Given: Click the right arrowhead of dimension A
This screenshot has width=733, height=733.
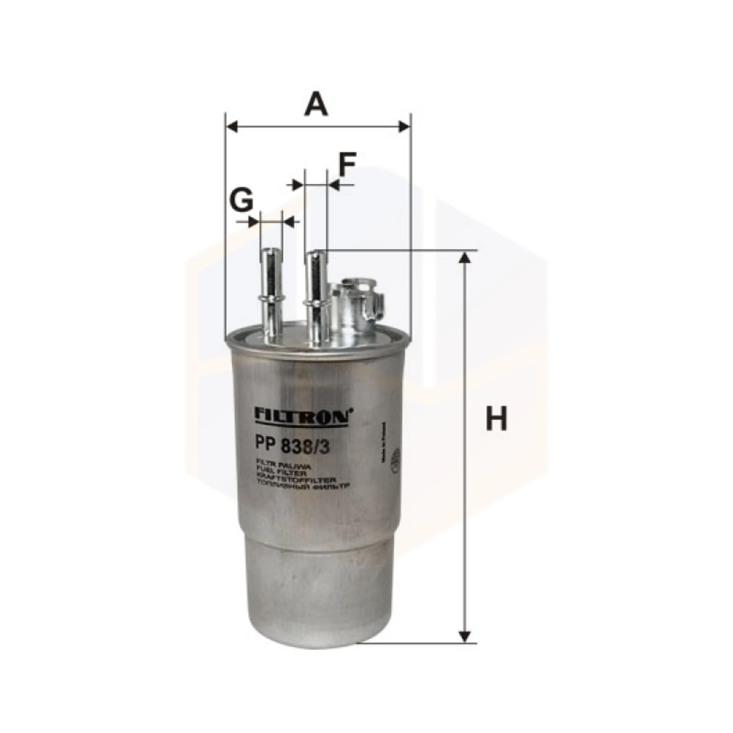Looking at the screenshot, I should [x=404, y=127].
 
